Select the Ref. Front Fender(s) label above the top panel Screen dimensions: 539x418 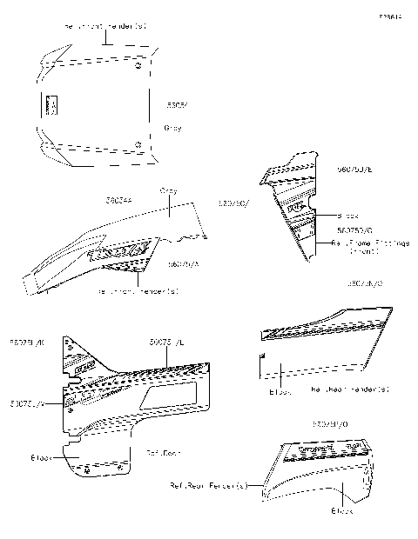pyautogui.click(x=105, y=27)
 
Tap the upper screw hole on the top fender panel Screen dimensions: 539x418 pyautogui.click(x=140, y=65)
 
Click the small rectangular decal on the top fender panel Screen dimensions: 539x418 pyautogui.click(x=49, y=105)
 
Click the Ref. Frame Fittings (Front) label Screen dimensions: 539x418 pyautogui.click(x=370, y=248)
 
